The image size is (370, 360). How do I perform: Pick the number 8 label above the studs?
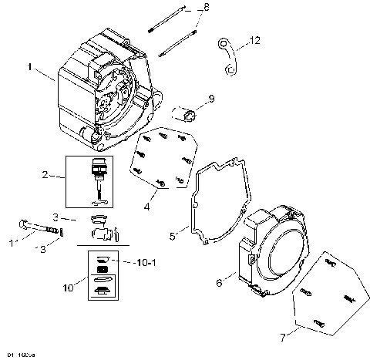[x=206, y=8]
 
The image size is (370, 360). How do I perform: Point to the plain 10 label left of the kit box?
[x=68, y=287]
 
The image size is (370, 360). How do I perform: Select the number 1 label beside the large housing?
[x=29, y=69]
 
